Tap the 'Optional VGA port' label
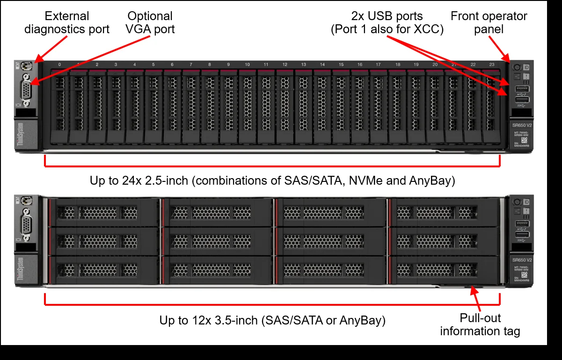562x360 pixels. point(150,22)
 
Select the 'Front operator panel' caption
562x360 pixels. point(489,22)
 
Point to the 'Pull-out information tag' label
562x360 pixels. point(480,325)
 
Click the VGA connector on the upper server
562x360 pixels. point(26,89)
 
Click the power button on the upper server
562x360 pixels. point(518,67)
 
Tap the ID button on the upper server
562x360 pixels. point(526,67)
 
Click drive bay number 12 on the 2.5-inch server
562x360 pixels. point(285,105)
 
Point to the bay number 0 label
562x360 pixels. point(59,65)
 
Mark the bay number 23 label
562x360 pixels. point(492,65)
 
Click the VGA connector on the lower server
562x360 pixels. point(26,227)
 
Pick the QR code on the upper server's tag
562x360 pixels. point(525,139)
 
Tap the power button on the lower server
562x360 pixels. point(518,202)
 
